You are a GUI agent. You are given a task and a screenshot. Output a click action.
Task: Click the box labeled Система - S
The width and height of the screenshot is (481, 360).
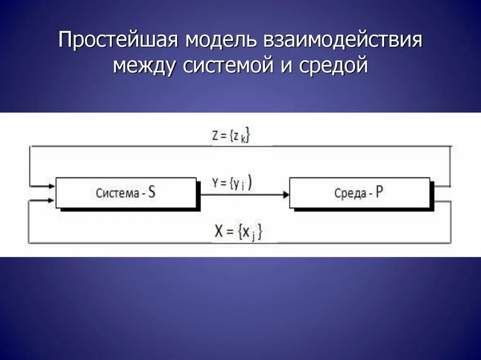[x=126, y=192]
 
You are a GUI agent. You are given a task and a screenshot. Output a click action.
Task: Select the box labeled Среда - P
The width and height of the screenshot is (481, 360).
[x=359, y=192]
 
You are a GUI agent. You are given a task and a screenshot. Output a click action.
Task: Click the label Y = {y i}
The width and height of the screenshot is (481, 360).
[x=231, y=184]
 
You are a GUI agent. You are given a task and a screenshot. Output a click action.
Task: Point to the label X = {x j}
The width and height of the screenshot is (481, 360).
[x=238, y=232]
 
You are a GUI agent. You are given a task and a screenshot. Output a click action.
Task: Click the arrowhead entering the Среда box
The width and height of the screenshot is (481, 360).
[x=286, y=193]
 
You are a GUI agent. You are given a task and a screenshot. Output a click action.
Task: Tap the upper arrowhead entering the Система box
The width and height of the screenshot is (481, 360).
[x=52, y=186]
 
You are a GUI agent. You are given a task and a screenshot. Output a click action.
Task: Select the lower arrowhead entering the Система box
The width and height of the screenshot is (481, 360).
[x=52, y=200]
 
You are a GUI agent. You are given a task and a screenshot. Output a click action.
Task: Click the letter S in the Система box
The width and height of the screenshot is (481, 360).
[x=151, y=192]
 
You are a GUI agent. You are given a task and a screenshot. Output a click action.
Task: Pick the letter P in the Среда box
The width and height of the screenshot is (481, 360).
[x=379, y=192]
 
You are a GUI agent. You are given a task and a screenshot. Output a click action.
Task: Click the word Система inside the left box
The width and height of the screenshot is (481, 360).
[x=114, y=193]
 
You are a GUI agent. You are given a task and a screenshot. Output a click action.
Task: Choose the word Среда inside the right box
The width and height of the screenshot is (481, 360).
[x=349, y=193]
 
